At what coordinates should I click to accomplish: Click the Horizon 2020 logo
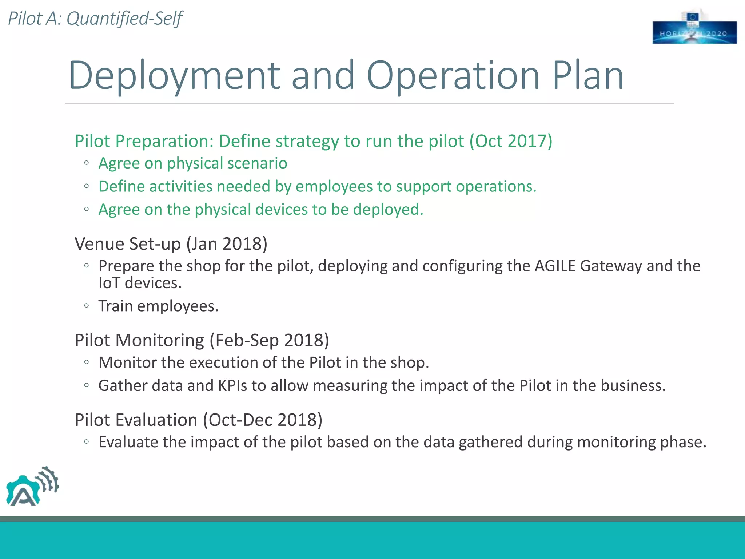[x=694, y=28]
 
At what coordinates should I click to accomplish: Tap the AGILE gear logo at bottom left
[x=32, y=487]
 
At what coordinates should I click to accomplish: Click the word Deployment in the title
[x=174, y=75]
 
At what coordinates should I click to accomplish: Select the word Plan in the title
[x=588, y=75]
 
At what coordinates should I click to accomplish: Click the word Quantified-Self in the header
[x=124, y=19]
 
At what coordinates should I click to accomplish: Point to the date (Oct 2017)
[x=511, y=141]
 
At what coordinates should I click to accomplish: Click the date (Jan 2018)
[x=227, y=244]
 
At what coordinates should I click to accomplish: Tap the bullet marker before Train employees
[x=86, y=306]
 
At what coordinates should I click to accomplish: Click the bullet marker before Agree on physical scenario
[x=86, y=163]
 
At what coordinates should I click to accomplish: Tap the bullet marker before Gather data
[x=86, y=385]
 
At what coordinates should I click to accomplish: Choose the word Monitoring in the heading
[x=159, y=341]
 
